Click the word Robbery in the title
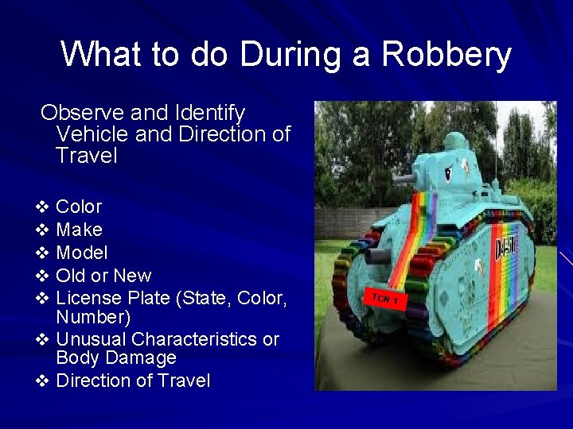pos(446,55)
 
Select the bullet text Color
pos(79,207)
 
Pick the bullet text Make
pos(79,230)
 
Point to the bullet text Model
pos(81,253)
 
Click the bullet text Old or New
pos(103,276)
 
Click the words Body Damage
pos(116,358)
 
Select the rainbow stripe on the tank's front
pos(413,230)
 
